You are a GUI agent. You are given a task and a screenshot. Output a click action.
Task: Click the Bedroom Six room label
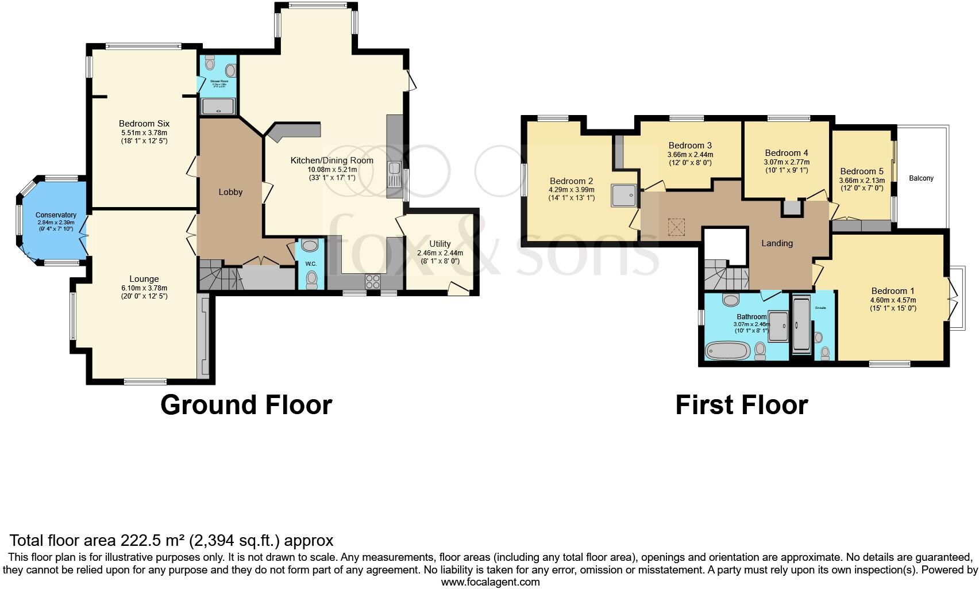pyautogui.click(x=144, y=124)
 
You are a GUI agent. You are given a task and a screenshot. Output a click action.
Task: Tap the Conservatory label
pyautogui.click(x=56, y=215)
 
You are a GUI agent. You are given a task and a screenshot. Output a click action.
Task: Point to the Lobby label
pyautogui.click(x=230, y=192)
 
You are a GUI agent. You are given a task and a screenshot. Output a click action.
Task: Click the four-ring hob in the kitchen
pyautogui.click(x=372, y=282)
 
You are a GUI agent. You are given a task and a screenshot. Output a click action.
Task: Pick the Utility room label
pyautogui.click(x=440, y=244)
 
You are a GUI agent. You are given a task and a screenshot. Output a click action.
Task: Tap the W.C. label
pyautogui.click(x=311, y=264)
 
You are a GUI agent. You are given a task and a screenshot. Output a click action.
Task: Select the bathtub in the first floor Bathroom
pyautogui.click(x=727, y=350)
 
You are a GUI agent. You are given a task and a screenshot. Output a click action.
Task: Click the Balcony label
pyautogui.click(x=921, y=178)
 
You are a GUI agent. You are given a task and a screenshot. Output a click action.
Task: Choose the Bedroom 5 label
pyautogui.click(x=861, y=171)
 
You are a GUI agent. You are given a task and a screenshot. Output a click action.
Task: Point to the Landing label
pyautogui.click(x=777, y=243)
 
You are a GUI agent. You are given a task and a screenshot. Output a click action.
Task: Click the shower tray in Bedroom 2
pyautogui.click(x=624, y=196)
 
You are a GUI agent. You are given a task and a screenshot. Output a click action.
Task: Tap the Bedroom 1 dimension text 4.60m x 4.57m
pyautogui.click(x=893, y=300)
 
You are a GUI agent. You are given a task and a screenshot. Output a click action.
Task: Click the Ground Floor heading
pyautogui.click(x=246, y=404)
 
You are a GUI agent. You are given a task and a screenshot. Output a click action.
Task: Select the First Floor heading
pyautogui.click(x=741, y=404)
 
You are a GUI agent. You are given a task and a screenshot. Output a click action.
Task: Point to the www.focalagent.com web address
pyautogui.click(x=490, y=582)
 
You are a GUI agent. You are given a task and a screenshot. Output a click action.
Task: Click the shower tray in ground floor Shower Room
pyautogui.click(x=218, y=106)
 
